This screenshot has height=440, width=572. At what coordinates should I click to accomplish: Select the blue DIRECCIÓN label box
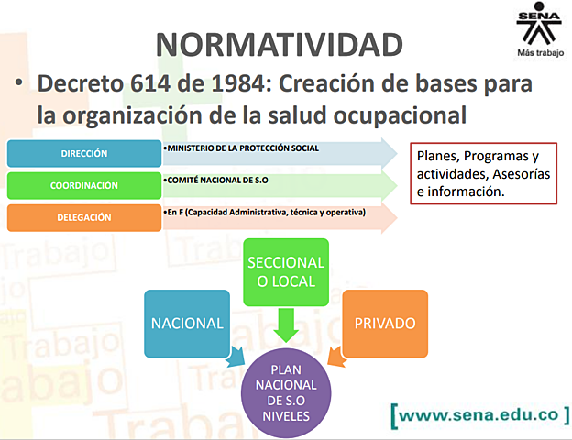(x=84, y=154)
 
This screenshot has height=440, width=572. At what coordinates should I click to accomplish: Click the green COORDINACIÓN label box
(x=84, y=185)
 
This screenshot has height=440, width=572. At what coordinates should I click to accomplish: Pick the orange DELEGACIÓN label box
(x=84, y=217)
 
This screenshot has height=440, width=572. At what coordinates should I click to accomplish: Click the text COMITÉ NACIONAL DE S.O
(x=212, y=181)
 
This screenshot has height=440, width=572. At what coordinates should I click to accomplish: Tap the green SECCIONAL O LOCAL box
(x=286, y=271)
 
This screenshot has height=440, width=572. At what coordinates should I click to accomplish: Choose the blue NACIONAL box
(x=187, y=324)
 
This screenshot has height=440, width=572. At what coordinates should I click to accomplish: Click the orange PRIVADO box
(x=384, y=324)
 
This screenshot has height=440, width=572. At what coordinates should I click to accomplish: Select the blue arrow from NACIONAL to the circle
(x=236, y=356)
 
